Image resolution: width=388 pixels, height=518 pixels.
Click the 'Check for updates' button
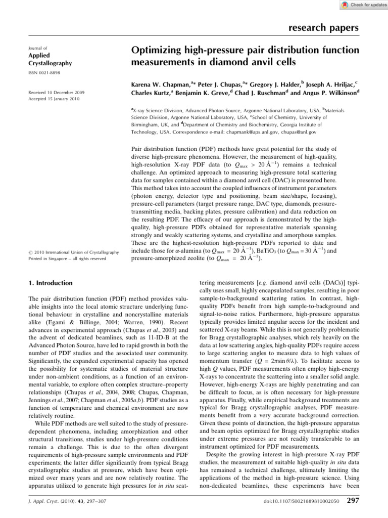359,5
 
